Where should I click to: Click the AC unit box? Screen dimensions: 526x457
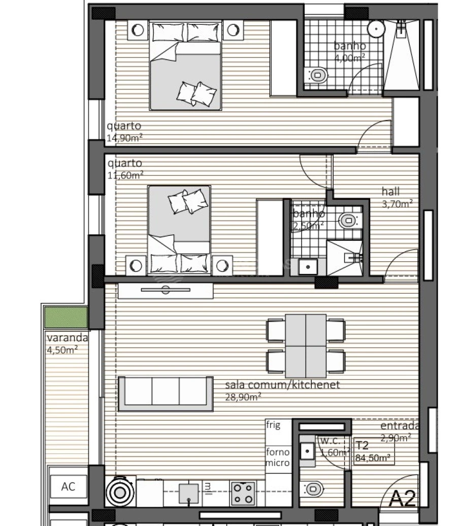pyautogui.click(x=68, y=487)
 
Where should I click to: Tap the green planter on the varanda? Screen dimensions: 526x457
pyautogui.click(x=66, y=317)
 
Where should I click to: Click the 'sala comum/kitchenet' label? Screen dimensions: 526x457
pyautogui.click(x=282, y=385)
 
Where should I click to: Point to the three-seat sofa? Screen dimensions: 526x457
pyautogui.click(x=166, y=393)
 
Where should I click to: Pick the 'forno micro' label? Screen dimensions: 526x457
pyautogui.click(x=278, y=457)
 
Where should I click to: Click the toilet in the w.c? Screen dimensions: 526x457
pyautogui.click(x=313, y=489)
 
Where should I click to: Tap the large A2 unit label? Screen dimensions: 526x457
pyautogui.click(x=403, y=498)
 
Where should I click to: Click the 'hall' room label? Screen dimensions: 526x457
pyautogui.click(x=391, y=192)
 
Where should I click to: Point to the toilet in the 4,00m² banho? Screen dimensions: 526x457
pyautogui.click(x=318, y=75)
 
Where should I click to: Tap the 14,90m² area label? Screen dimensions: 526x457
pyautogui.click(x=124, y=137)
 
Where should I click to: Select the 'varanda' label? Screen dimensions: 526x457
pyautogui.click(x=67, y=338)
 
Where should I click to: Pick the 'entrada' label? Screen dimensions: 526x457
pyautogui.click(x=400, y=426)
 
